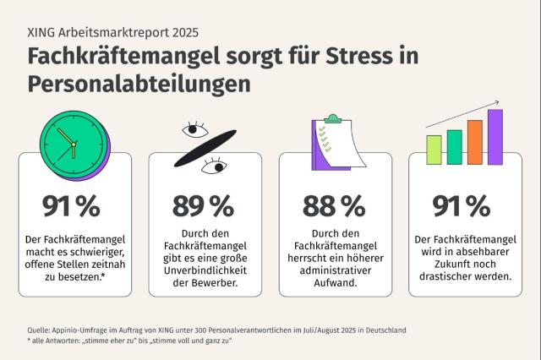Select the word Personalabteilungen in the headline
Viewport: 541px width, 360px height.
pos(139,85)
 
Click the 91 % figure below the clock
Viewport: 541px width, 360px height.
pos(71,205)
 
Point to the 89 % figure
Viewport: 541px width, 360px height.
pos(202,205)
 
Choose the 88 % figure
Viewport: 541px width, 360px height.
pos(332,205)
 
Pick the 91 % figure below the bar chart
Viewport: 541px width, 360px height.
pos(462,205)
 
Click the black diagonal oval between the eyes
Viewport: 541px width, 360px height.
pos(205,149)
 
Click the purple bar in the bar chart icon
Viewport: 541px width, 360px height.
pos(495,137)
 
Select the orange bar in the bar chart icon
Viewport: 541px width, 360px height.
pos(474,142)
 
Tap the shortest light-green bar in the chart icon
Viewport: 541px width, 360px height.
pos(434,150)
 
